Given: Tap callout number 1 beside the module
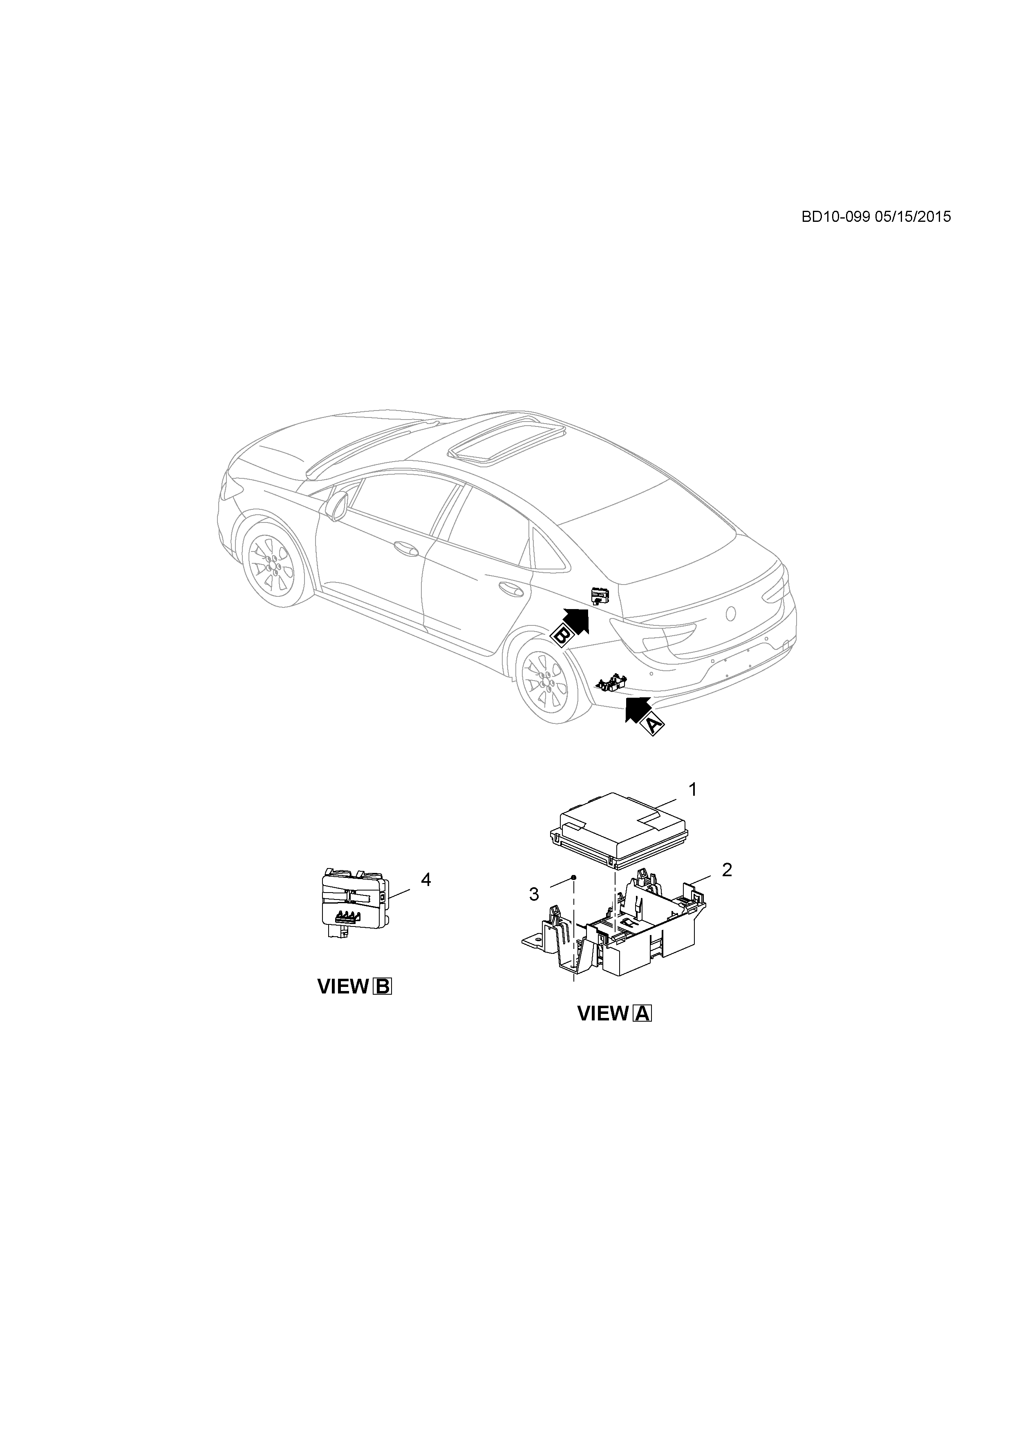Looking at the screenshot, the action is point(692,790).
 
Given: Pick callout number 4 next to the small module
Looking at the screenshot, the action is point(426,879).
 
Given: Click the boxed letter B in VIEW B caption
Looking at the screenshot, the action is point(382,987).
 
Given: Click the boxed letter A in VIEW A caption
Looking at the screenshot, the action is point(642,1013).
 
